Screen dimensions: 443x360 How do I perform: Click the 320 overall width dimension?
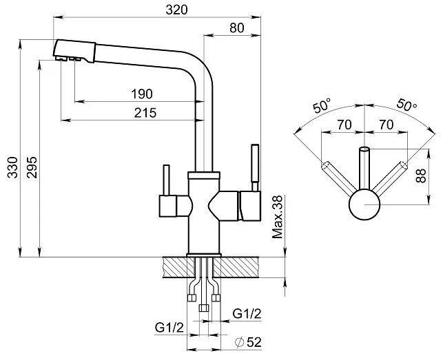point(176,10)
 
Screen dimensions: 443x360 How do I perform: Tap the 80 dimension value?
point(237,28)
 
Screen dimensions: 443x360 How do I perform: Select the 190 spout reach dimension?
point(142,94)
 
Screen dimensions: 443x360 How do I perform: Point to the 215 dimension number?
point(145,113)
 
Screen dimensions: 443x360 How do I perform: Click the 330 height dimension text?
point(12,167)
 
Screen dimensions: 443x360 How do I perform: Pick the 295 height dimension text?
point(32,167)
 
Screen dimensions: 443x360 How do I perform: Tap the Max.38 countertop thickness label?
point(278,217)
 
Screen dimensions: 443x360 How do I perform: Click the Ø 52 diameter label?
point(248,342)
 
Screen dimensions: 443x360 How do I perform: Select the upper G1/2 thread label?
point(247,314)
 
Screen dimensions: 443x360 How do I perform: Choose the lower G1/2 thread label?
point(169,328)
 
